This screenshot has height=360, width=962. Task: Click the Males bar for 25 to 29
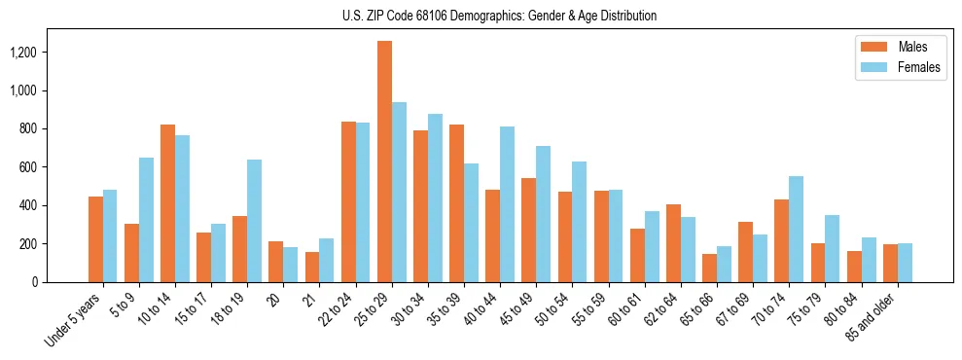pyautogui.click(x=384, y=162)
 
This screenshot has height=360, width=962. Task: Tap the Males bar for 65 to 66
pyautogui.click(x=709, y=268)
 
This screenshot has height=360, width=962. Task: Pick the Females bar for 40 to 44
pyautogui.click(x=507, y=204)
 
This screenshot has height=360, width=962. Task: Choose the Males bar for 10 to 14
pyautogui.click(x=167, y=203)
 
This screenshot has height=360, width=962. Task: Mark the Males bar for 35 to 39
pyautogui.click(x=456, y=203)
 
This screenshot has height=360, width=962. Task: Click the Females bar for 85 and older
pyautogui.click(x=905, y=263)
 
